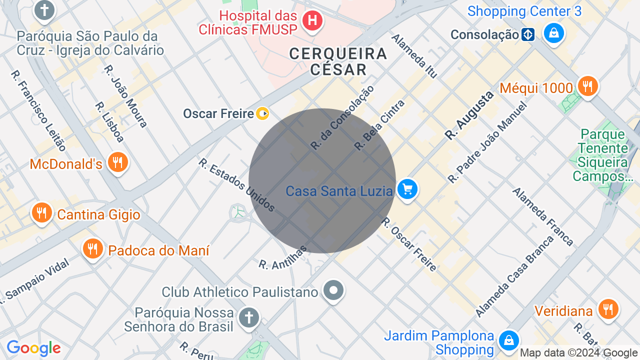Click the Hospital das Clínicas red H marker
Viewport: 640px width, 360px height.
coord(312,20)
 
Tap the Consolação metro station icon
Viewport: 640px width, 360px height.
coord(528,34)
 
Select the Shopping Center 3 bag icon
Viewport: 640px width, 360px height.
coord(553,33)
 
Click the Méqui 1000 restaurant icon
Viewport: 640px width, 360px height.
coord(587,86)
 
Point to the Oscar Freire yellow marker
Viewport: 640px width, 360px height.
coord(262,113)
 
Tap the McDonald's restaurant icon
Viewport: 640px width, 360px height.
coord(118,162)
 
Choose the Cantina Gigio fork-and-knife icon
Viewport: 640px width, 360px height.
coord(42,213)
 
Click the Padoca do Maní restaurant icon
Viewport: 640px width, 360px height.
coord(92,248)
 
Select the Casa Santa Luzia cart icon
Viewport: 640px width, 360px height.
coord(407,189)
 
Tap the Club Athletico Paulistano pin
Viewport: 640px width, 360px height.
coord(333,290)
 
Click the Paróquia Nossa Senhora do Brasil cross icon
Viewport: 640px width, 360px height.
coord(248,317)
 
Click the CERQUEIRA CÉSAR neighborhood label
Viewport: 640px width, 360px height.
coord(338,61)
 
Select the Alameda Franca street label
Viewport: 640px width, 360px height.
coord(542,216)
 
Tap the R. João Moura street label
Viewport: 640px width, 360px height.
coord(125,96)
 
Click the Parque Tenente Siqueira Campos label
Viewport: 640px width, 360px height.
coord(602,155)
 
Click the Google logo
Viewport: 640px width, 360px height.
coord(33,348)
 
